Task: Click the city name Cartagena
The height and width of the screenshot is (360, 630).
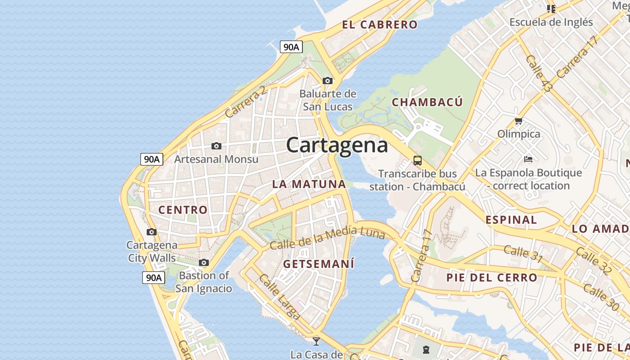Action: (337, 145)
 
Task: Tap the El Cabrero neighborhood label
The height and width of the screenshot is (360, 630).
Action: (380, 25)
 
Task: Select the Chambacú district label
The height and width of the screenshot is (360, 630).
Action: (427, 102)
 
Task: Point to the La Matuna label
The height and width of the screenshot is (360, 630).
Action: (309, 184)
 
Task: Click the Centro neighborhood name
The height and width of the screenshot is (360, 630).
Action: (183, 210)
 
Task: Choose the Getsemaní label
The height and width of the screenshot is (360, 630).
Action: (319, 264)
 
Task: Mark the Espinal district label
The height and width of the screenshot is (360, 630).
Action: (511, 220)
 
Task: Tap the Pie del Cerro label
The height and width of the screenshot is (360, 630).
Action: (492, 277)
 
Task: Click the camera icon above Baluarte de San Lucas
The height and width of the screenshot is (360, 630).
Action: (328, 81)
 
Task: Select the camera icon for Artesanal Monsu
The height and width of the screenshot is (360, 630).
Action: (216, 146)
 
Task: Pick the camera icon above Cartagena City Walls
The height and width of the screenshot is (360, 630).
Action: (152, 232)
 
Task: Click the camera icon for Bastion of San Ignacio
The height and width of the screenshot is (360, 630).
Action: (204, 262)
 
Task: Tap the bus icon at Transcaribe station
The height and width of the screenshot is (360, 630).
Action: (418, 161)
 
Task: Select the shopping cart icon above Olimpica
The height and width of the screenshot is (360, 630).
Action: (518, 121)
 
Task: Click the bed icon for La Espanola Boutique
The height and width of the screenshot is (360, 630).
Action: (528, 159)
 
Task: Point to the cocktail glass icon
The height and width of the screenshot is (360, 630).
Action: (316, 341)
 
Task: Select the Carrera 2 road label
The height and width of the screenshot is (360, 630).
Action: (246, 103)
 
